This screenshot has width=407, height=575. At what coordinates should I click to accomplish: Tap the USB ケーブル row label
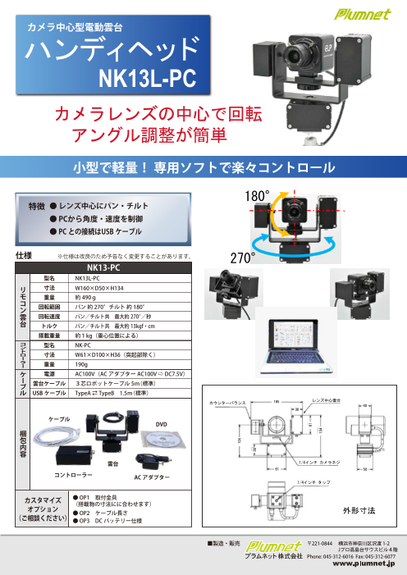48,392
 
